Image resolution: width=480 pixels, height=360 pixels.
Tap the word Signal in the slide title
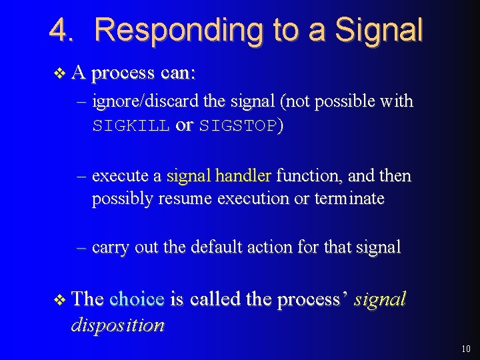[x=379, y=30]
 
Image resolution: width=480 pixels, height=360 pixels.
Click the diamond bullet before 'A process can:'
[x=60, y=73]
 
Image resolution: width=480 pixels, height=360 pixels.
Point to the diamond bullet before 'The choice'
[x=60, y=300]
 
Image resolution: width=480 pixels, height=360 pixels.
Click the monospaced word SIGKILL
[x=131, y=126]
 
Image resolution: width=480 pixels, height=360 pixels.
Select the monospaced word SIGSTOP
[x=237, y=126]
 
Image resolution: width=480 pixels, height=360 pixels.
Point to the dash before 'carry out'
[x=82, y=247]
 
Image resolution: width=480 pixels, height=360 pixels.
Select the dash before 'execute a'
[x=82, y=176]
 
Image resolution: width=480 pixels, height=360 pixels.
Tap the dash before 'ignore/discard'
[x=82, y=102]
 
